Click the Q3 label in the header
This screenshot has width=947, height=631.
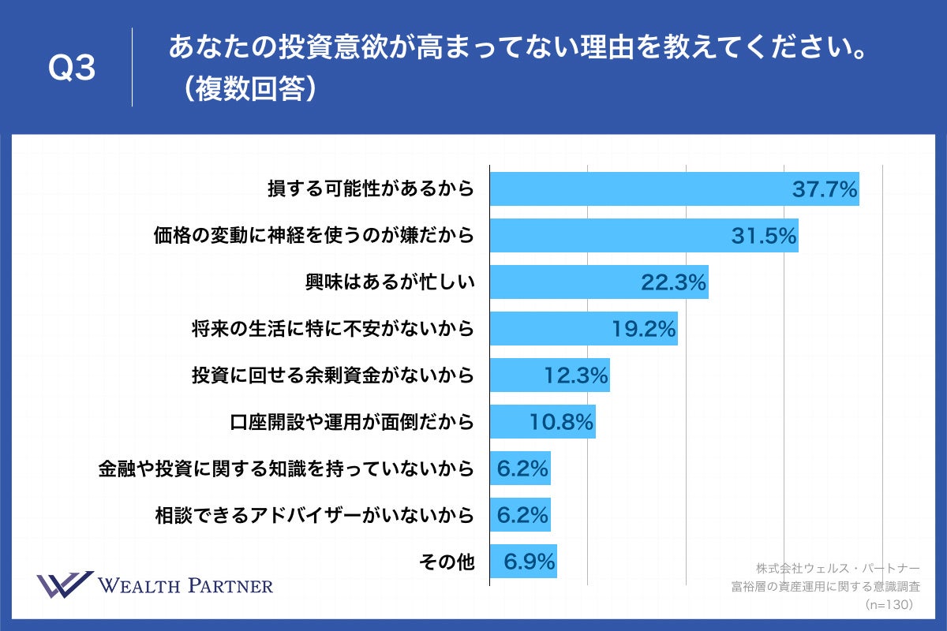[72, 69]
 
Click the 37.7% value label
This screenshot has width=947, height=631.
[825, 189]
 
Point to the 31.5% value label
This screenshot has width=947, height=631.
[764, 236]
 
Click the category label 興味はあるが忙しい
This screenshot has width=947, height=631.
[390, 282]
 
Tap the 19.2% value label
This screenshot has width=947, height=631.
[644, 329]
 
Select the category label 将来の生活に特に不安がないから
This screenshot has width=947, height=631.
[332, 329]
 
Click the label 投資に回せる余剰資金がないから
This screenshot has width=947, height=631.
[332, 375]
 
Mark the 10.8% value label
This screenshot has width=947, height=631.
[560, 422]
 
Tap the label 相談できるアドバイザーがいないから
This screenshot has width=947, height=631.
[316, 516]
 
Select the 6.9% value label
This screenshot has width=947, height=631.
[530, 562]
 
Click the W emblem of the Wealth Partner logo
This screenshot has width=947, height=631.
[65, 586]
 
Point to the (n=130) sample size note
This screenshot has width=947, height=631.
[889, 604]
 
